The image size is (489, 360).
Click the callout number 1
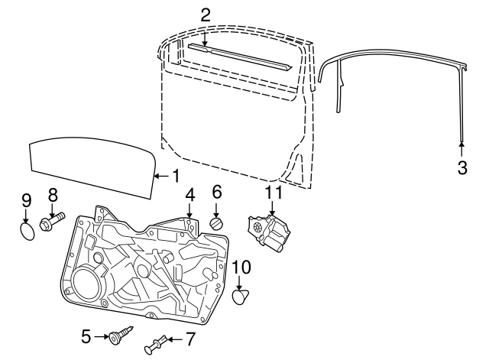175,176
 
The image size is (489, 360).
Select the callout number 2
205,15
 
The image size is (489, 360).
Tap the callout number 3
461,167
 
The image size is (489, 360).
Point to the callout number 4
189,194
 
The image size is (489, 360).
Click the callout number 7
191,337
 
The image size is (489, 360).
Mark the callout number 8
53,194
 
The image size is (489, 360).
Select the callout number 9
26,201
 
